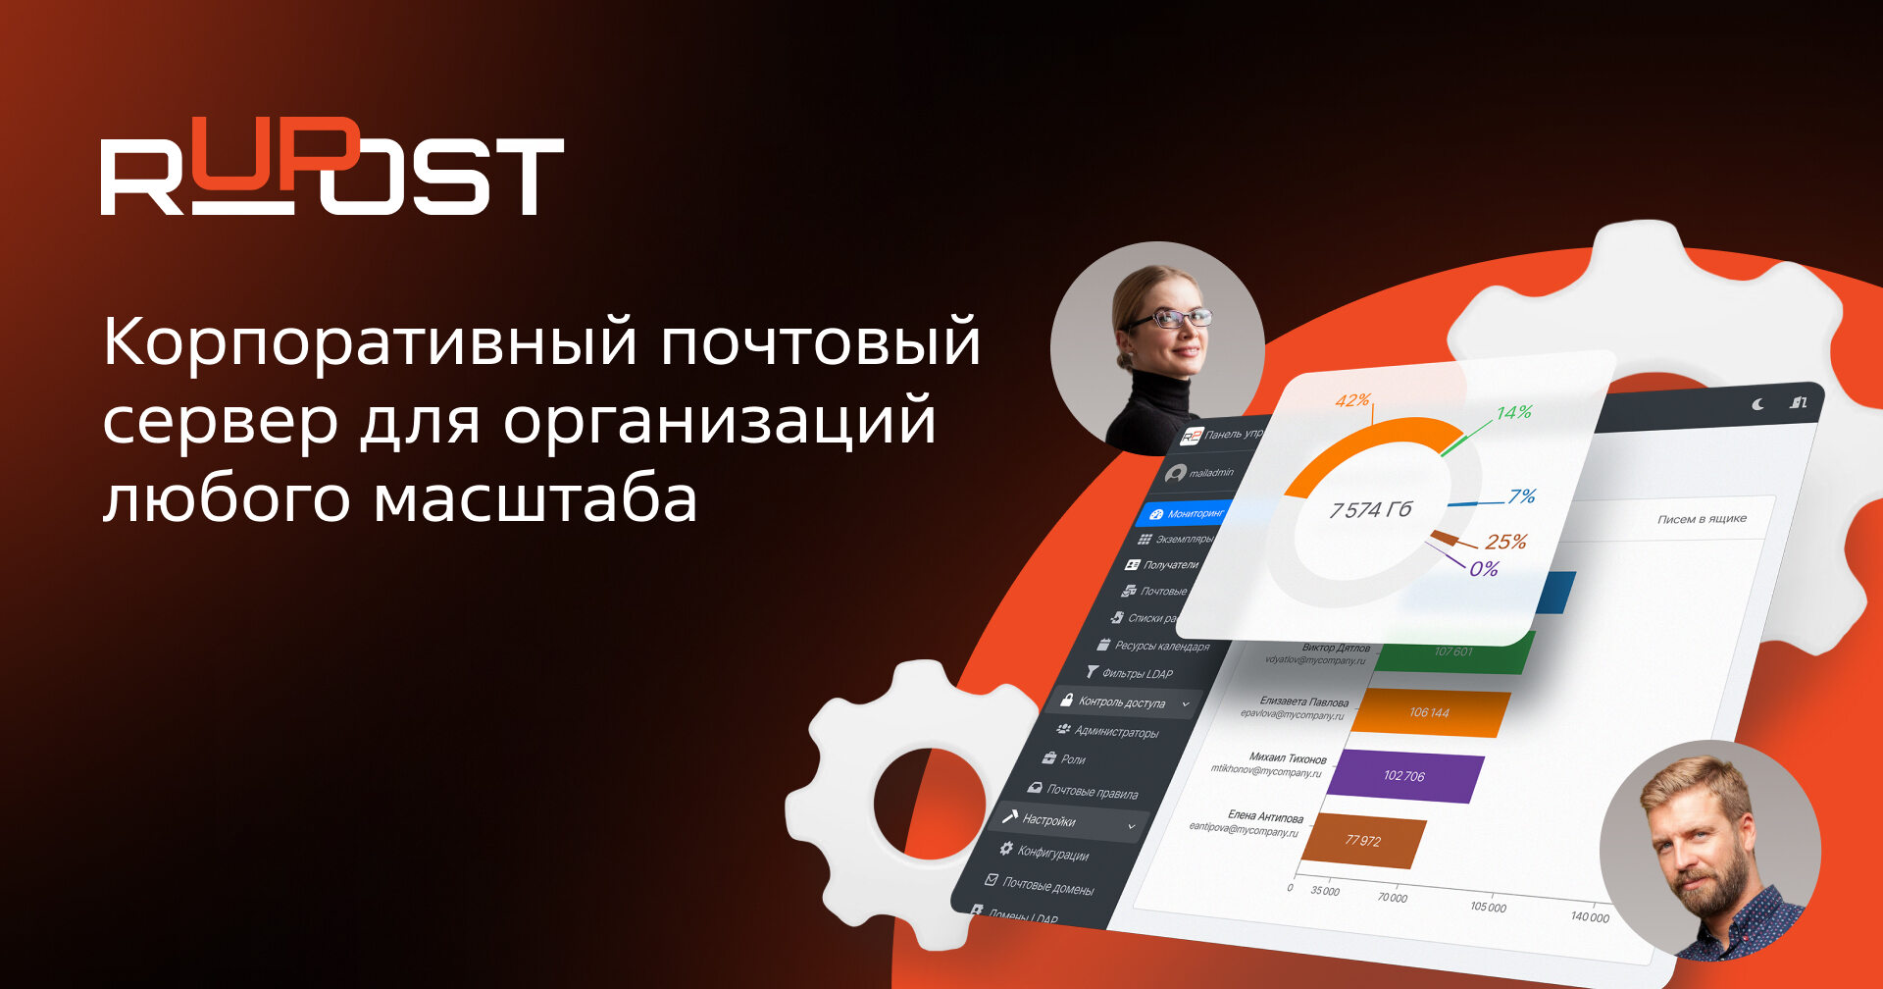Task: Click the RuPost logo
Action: (x=331, y=167)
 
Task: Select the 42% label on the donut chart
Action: (x=1352, y=400)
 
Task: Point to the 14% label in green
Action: (x=1513, y=413)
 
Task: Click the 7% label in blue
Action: (x=1521, y=496)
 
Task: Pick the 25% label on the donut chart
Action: (x=1505, y=542)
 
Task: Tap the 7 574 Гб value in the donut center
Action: (x=1370, y=510)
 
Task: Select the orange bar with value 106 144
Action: (x=1431, y=713)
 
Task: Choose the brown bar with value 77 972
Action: (x=1363, y=840)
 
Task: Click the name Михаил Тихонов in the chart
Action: (x=1288, y=758)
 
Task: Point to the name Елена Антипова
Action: (x=1265, y=816)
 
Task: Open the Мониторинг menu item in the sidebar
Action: (x=1195, y=513)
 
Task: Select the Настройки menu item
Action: (x=1048, y=820)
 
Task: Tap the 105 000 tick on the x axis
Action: (x=1488, y=908)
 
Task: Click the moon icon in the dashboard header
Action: (x=1758, y=404)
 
